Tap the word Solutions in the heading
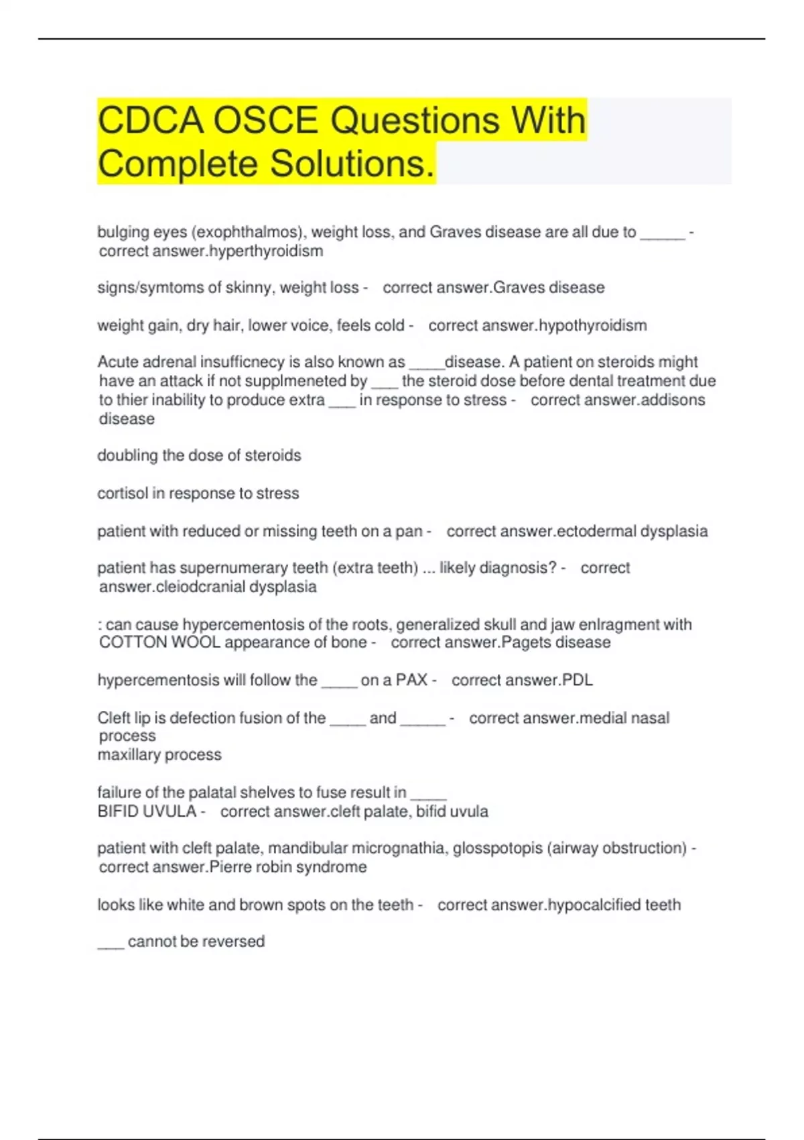point(352,164)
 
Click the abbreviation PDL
point(578,680)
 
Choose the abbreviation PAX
point(411,680)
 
